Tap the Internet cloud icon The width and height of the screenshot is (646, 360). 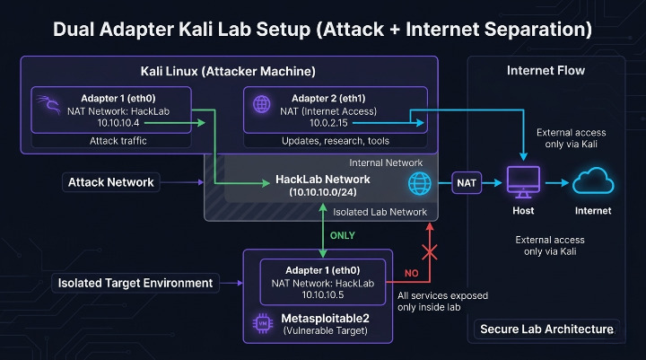tap(593, 182)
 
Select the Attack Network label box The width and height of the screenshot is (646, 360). tap(110, 182)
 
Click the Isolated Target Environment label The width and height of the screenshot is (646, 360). tap(135, 283)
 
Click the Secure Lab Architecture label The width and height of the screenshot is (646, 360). tap(547, 329)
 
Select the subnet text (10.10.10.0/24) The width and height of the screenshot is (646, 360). tap(322, 192)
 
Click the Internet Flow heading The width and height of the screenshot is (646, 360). tap(546, 70)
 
